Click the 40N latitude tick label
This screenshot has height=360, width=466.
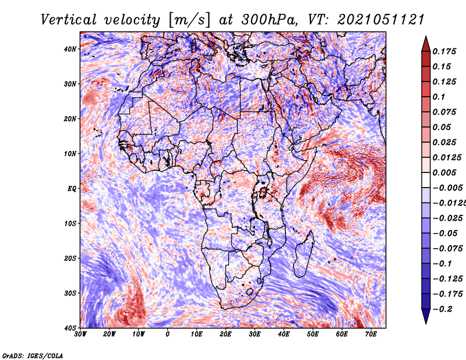point(70,49)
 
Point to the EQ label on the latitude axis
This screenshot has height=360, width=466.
point(72,189)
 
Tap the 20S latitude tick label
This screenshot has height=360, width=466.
point(70,258)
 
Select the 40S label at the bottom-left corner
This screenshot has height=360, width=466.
point(70,328)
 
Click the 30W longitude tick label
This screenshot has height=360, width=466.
point(80,334)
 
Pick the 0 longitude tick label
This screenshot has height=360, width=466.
point(168,334)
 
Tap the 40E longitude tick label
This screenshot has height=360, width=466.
point(284,334)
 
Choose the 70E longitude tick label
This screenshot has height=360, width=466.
point(371,334)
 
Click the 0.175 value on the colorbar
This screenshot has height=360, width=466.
point(444,51)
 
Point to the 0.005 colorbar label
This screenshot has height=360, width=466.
point(444,172)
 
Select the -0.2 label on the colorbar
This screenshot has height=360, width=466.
point(443,309)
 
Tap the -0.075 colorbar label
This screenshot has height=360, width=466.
point(447,249)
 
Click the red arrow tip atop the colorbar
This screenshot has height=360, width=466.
point(426,37)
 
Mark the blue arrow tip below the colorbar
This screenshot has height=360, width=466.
point(426,323)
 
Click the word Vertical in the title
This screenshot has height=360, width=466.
point(69,20)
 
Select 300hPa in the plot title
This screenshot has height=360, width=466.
point(270,20)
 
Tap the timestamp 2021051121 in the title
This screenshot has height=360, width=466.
point(381,20)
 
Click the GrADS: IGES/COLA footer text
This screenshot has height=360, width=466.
point(33,355)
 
